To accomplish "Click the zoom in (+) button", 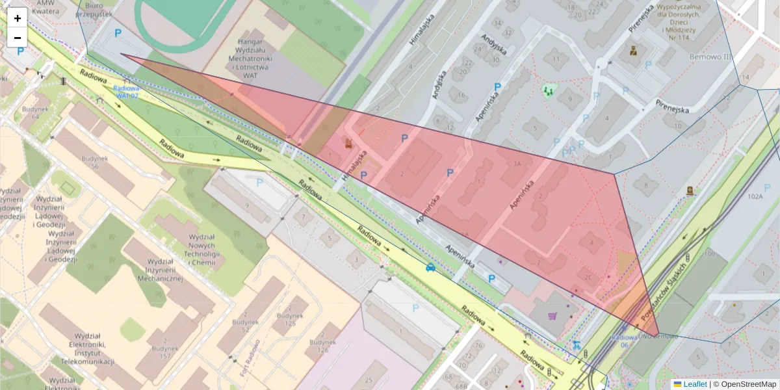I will (x=18, y=18).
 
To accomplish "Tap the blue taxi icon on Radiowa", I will (x=430, y=267).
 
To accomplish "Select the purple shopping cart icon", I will (x=553, y=317).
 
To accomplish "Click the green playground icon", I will (x=549, y=91).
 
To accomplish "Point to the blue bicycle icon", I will (x=575, y=345).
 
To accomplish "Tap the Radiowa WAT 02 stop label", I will (x=127, y=92).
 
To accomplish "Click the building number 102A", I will (x=755, y=196).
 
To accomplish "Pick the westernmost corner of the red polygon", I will (x=121, y=55).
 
